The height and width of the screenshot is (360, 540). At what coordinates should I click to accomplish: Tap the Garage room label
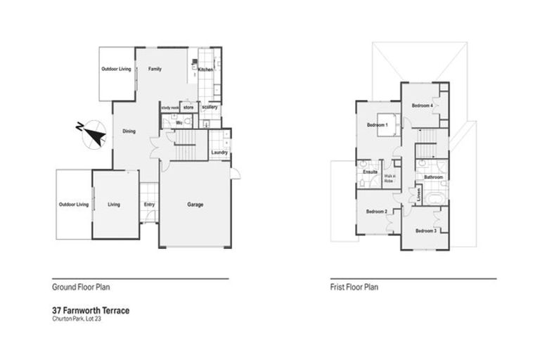[195, 205]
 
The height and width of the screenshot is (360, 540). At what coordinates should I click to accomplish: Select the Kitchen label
[205, 70]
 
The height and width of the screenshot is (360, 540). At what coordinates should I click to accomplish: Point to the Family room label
[155, 69]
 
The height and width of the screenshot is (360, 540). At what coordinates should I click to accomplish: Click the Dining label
[129, 131]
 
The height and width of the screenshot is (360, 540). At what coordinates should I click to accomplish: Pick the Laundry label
[219, 153]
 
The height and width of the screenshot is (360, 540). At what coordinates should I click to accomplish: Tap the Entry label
[149, 205]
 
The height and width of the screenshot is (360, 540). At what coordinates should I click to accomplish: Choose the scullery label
[210, 107]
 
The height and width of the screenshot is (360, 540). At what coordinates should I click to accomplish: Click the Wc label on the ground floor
[179, 122]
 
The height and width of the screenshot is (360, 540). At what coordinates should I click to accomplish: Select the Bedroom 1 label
[378, 125]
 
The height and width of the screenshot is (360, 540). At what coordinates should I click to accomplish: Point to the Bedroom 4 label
[422, 105]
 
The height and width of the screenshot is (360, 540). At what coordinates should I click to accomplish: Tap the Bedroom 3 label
[425, 231]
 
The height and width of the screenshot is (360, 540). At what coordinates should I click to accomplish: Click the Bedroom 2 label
[376, 211]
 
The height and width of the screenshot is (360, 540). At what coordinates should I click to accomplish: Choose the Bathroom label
[432, 178]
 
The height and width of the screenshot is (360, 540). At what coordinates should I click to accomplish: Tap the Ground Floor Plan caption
[81, 287]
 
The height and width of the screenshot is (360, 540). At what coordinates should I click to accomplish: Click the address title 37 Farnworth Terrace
[91, 309]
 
